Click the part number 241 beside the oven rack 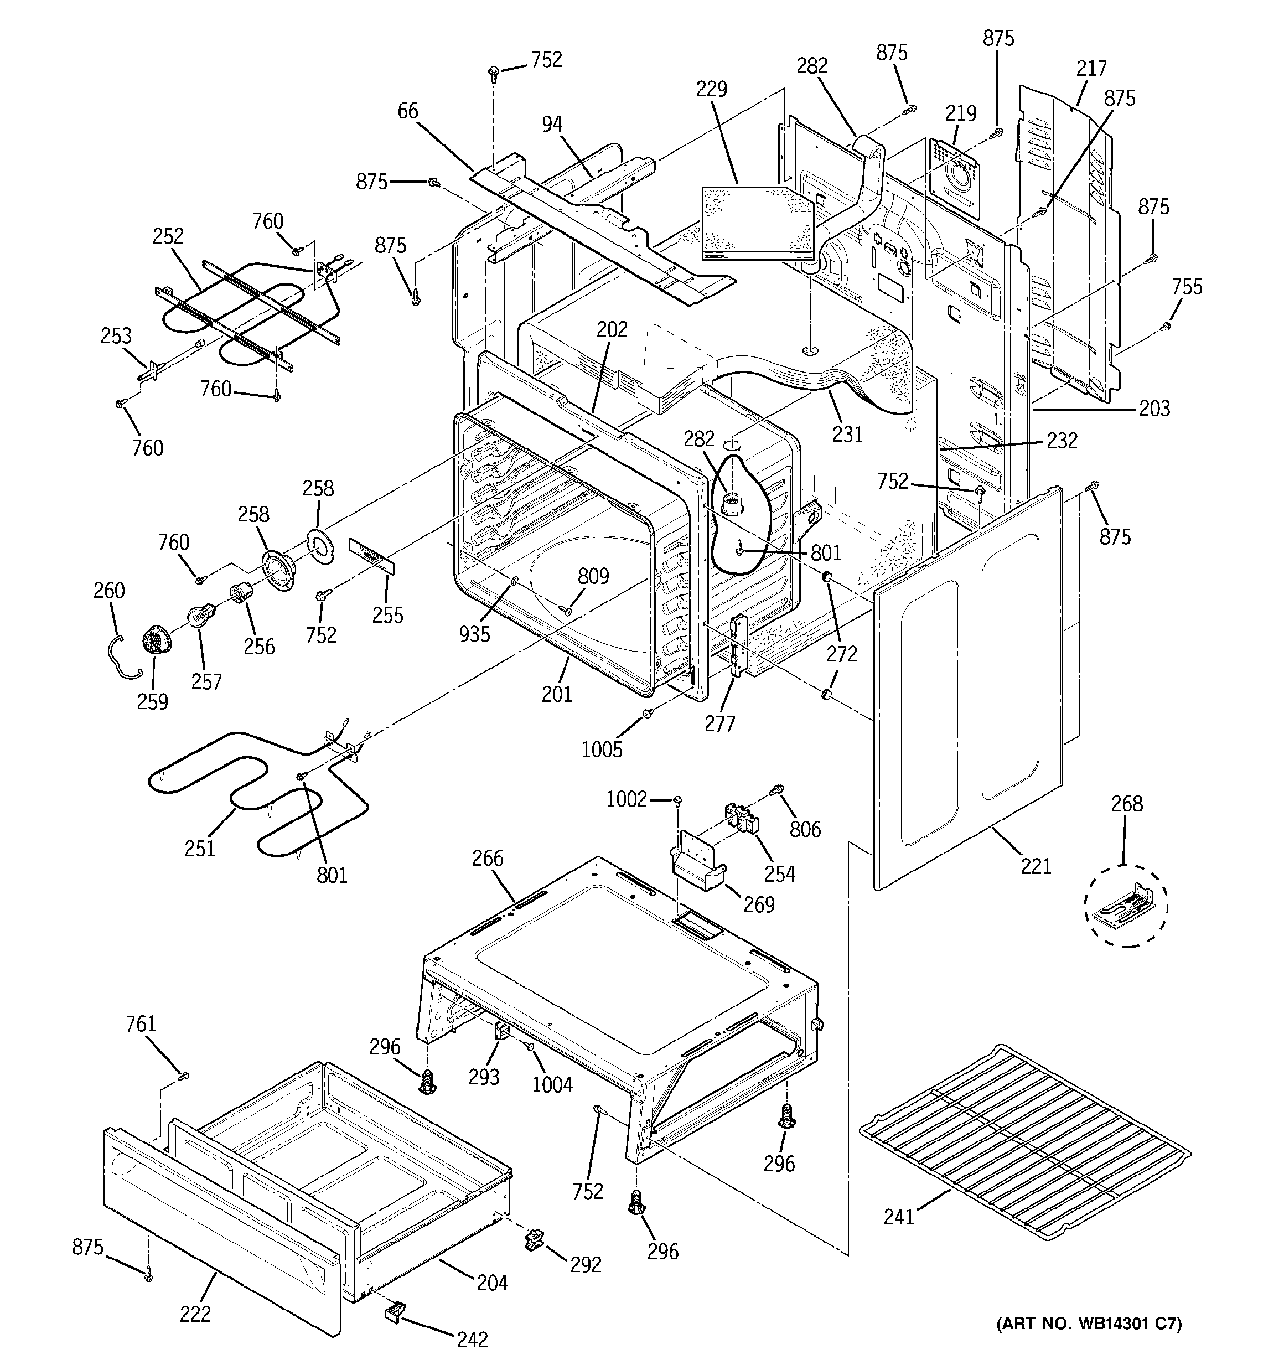[899, 1218]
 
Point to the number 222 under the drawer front [195, 1314]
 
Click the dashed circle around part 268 [1126, 906]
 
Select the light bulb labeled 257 [198, 613]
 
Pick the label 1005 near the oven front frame [602, 749]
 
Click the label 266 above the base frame [488, 858]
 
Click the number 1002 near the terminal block [627, 799]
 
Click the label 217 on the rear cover [1092, 68]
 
